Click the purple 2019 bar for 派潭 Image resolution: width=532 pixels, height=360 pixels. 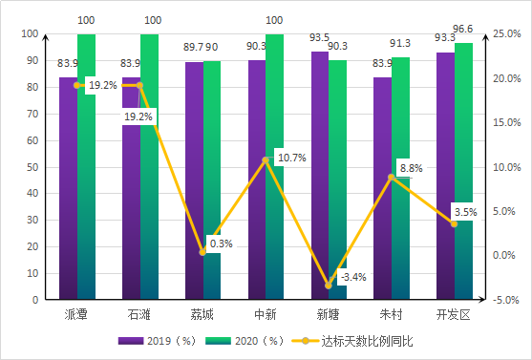(x=68, y=191)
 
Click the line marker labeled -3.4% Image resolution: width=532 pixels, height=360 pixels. (x=329, y=285)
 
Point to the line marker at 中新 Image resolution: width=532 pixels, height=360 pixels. (x=266, y=159)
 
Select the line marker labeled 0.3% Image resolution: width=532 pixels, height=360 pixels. (x=202, y=252)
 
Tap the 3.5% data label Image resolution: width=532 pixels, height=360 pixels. (x=465, y=211)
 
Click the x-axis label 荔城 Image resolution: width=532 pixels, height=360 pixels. (x=202, y=315)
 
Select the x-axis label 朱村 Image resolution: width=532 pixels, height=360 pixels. (x=391, y=315)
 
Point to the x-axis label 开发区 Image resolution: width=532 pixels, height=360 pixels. (x=454, y=315)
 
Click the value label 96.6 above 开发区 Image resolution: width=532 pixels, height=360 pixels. (x=465, y=30)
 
